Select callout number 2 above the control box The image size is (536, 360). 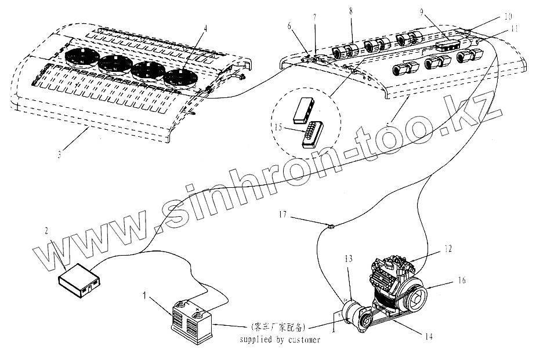46,231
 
